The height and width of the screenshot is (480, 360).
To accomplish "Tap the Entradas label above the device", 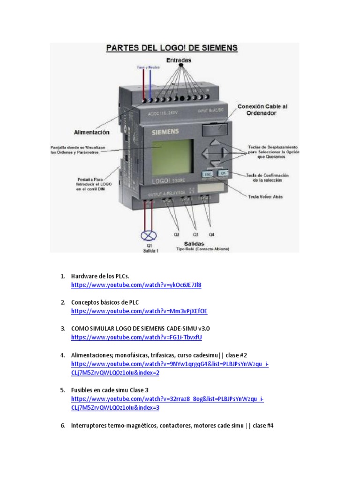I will point(178,60).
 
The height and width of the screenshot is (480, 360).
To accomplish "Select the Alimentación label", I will point(91,133).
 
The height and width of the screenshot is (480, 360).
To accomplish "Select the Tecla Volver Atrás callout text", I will point(265,196).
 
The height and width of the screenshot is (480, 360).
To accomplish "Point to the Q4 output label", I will point(211,233).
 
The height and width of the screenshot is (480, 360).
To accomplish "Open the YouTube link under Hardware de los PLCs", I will point(136,285).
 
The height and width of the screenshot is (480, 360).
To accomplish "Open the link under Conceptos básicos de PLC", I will point(139,311).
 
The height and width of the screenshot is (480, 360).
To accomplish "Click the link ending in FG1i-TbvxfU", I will point(136,337).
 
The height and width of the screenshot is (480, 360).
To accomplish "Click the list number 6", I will point(63,426).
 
